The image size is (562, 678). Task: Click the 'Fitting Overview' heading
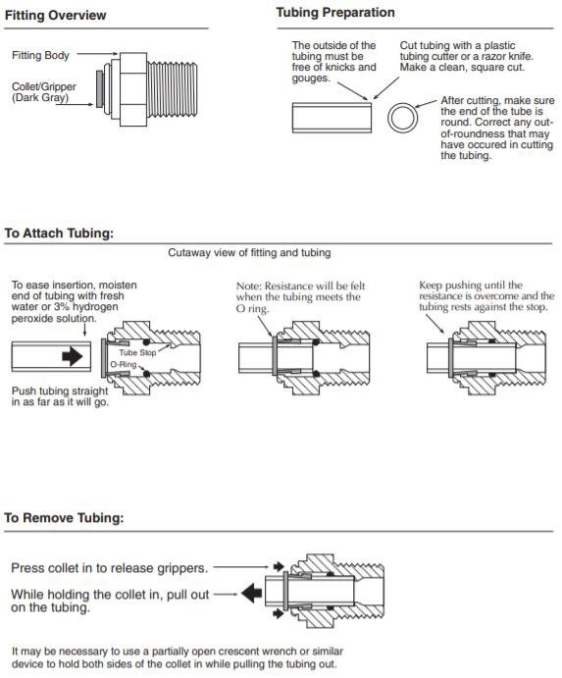pos(55,15)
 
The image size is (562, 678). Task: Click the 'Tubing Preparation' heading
pos(335,13)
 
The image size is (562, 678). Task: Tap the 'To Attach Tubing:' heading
pos(59,234)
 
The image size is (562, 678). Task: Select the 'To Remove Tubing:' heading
pos(64,518)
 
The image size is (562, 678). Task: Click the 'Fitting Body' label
pos(40,55)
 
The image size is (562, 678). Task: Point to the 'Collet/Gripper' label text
pos(44,86)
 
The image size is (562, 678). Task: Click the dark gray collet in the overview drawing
pos(100,89)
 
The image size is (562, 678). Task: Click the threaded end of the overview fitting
pos(172,89)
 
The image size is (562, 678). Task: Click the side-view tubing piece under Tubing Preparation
pos(332,118)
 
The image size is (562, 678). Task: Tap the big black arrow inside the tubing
pos(73,356)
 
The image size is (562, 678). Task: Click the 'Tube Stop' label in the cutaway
pos(137,352)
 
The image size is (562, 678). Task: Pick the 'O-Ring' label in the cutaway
pos(124,365)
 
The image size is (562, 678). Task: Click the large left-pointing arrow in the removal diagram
pos(252,593)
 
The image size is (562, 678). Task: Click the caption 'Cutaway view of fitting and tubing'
pos(249,252)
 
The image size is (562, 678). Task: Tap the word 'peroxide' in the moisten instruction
pos(29,318)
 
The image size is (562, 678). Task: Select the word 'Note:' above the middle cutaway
pos(249,287)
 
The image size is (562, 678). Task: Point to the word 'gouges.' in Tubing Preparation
pos(310,78)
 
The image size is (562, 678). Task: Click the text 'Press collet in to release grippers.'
pos(110,568)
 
